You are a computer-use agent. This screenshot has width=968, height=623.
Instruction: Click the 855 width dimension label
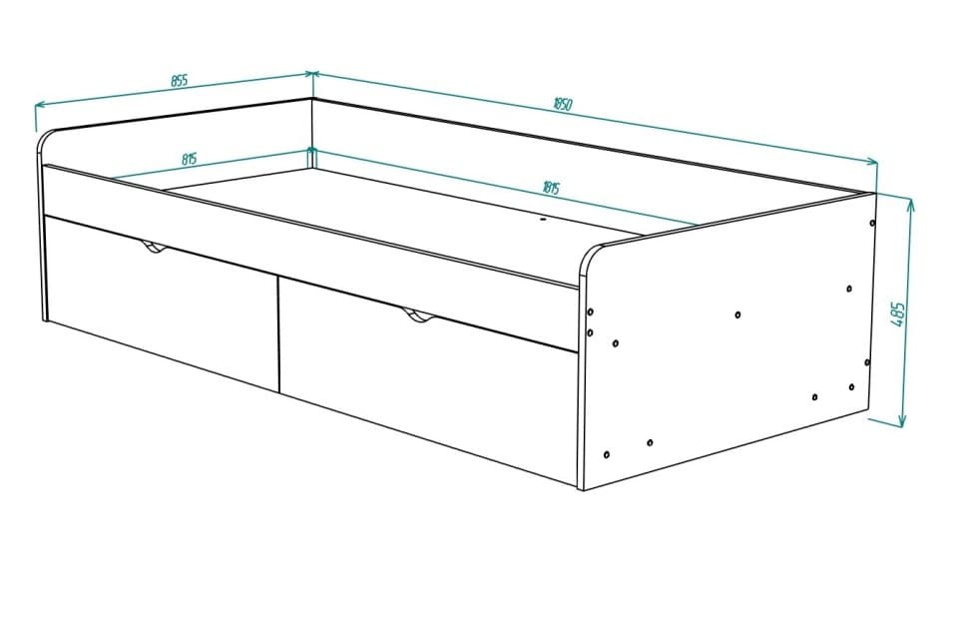[179, 81]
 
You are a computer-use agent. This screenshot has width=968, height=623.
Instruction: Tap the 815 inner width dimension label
[189, 159]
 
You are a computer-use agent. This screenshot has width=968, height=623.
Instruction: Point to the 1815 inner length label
[550, 187]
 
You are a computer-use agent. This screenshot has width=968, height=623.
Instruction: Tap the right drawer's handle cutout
[419, 318]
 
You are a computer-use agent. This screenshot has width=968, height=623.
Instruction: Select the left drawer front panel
[160, 305]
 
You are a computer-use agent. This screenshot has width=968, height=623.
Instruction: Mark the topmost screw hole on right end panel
[872, 224]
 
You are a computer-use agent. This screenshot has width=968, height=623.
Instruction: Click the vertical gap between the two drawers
[278, 333]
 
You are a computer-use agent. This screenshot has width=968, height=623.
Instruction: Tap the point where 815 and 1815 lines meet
[311, 150]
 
